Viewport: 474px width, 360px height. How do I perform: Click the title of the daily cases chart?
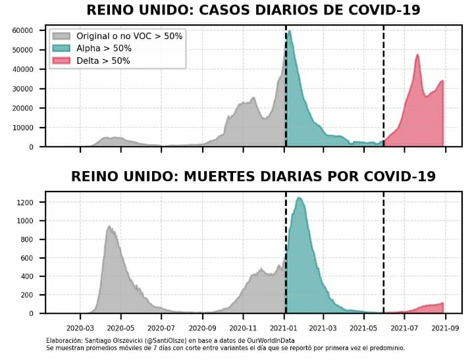(253, 10)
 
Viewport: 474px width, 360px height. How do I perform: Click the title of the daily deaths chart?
(253, 176)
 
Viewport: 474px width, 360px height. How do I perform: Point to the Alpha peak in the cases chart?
(290, 31)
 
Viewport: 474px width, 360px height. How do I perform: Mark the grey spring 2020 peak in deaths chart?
(109, 226)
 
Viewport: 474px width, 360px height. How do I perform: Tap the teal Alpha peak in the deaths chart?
(299, 197)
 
